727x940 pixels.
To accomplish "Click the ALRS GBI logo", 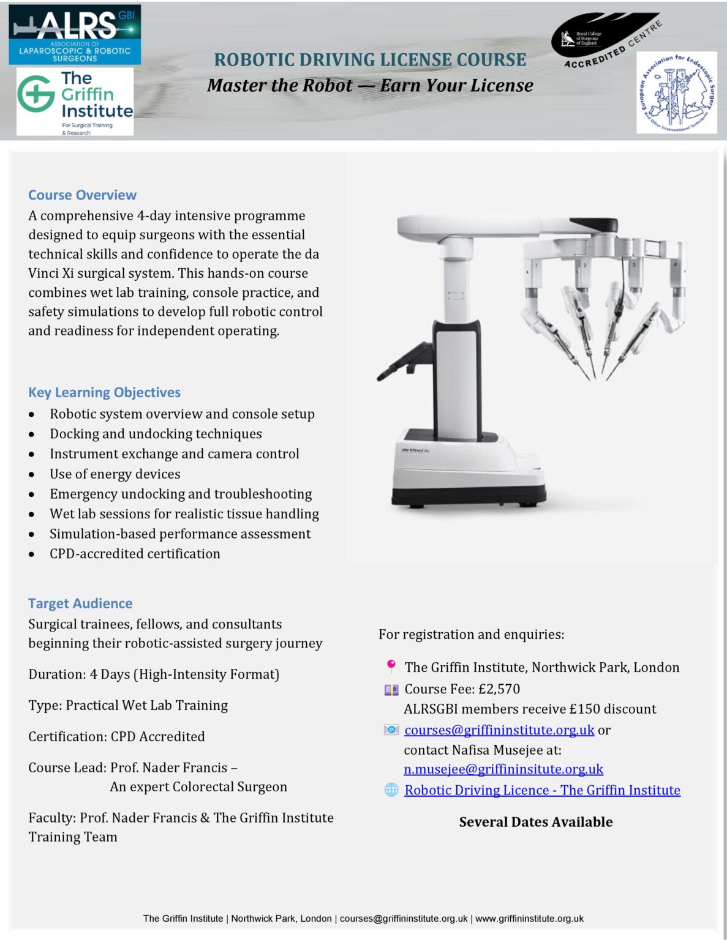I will click(75, 34).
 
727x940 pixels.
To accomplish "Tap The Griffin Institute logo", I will click(75, 102).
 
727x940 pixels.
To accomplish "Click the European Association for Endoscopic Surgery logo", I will click(676, 93).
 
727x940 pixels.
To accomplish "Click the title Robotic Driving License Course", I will click(370, 60).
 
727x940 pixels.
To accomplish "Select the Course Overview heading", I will click(82, 195).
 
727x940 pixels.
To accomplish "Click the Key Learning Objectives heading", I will click(104, 392).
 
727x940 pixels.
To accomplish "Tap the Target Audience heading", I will click(80, 603).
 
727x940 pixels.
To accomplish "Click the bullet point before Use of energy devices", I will click(31, 474).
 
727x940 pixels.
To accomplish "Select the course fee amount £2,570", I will click(499, 689).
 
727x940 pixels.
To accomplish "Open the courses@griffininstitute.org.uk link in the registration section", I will click(499, 730).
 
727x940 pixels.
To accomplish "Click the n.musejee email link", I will click(503, 769).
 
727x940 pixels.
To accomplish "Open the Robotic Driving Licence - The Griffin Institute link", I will click(542, 790).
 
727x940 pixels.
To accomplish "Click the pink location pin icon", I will click(391, 666).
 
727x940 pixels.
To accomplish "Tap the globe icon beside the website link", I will click(391, 790).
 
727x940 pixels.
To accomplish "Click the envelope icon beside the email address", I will click(391, 729).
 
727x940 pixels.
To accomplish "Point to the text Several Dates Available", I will click(536, 822).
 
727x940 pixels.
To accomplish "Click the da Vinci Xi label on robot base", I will click(415, 450).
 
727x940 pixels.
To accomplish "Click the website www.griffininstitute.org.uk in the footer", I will click(529, 919).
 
